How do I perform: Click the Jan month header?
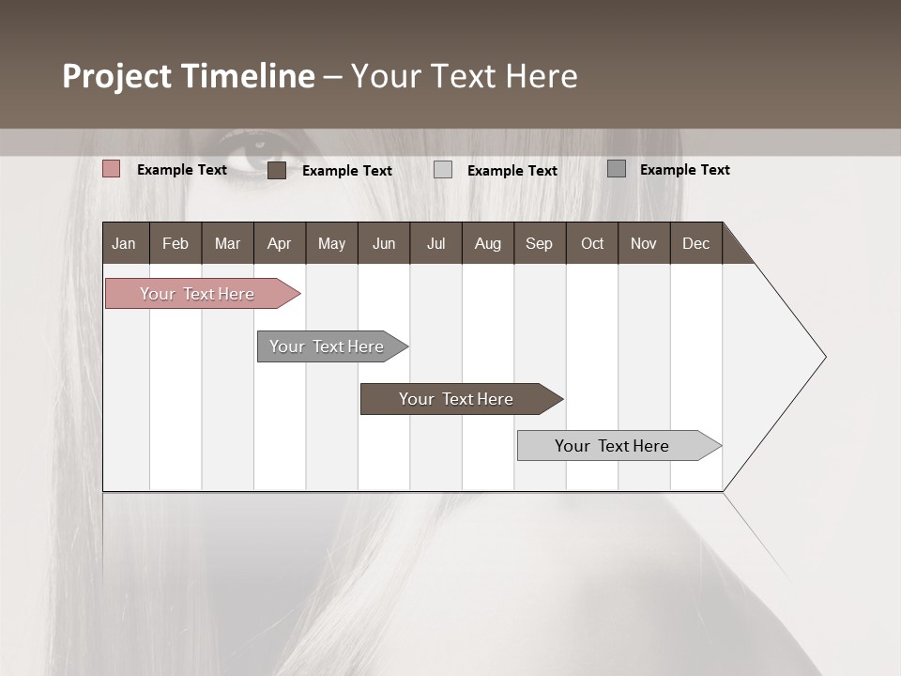pyautogui.click(x=124, y=243)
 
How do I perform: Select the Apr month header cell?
pyautogui.click(x=279, y=243)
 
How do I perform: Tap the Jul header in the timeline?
pyautogui.click(x=435, y=243)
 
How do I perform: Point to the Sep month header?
pyautogui.click(x=539, y=243)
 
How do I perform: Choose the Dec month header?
pyautogui.click(x=695, y=243)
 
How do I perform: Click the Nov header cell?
pyautogui.click(x=643, y=243)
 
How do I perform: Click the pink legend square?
pyautogui.click(x=112, y=169)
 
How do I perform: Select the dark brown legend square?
pyautogui.click(x=277, y=170)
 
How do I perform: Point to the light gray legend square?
pyautogui.click(x=443, y=170)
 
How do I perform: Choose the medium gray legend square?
pyautogui.click(x=617, y=169)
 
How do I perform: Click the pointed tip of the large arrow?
pyautogui.click(x=824, y=357)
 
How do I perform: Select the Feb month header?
pyautogui.click(x=176, y=243)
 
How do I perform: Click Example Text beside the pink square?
pyautogui.click(x=182, y=170)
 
